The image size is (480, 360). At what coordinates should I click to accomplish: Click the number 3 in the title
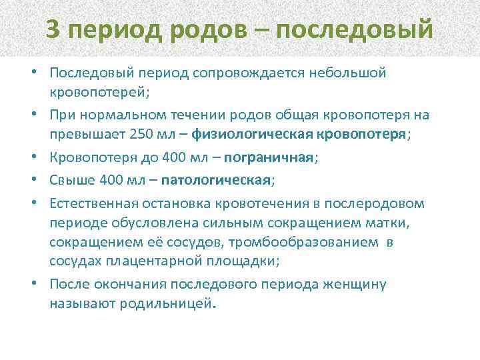click(56, 29)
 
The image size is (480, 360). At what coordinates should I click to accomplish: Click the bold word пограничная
click(269, 158)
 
